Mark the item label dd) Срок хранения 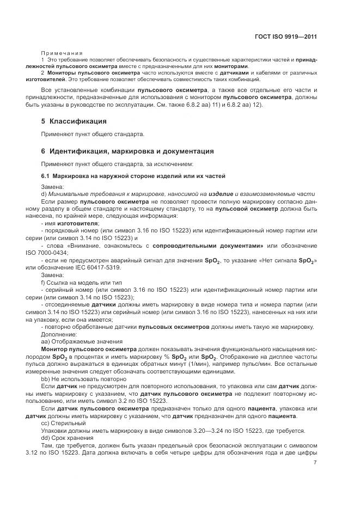[x=67, y=438]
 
